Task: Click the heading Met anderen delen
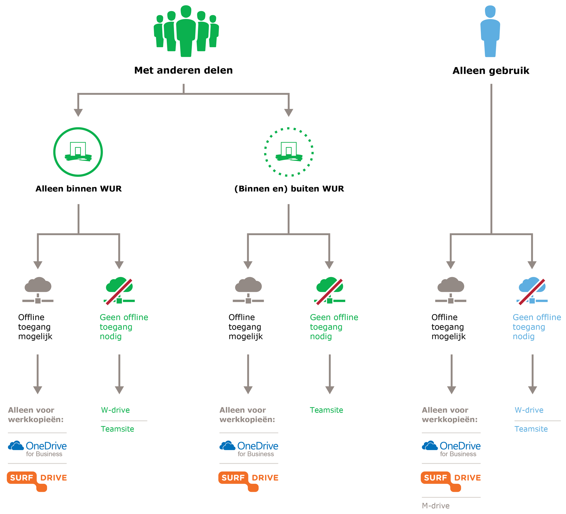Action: click(x=183, y=70)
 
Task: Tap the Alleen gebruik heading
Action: click(x=491, y=70)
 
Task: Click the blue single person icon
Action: click(x=490, y=31)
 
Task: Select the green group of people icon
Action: click(x=186, y=31)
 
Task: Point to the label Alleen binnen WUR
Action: click(x=79, y=189)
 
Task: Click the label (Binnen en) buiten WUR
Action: click(x=289, y=189)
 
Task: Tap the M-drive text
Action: click(x=436, y=506)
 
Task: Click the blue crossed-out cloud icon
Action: click(x=532, y=291)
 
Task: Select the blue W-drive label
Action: click(x=529, y=410)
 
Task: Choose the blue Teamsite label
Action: click(x=531, y=429)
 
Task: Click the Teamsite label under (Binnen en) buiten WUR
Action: click(x=326, y=410)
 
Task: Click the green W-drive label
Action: click(x=115, y=410)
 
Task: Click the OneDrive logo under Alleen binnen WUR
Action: click(x=37, y=449)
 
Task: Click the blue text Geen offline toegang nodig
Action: click(x=537, y=327)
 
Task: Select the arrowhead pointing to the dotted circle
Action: click(x=288, y=113)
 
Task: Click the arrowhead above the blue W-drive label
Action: click(x=532, y=390)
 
